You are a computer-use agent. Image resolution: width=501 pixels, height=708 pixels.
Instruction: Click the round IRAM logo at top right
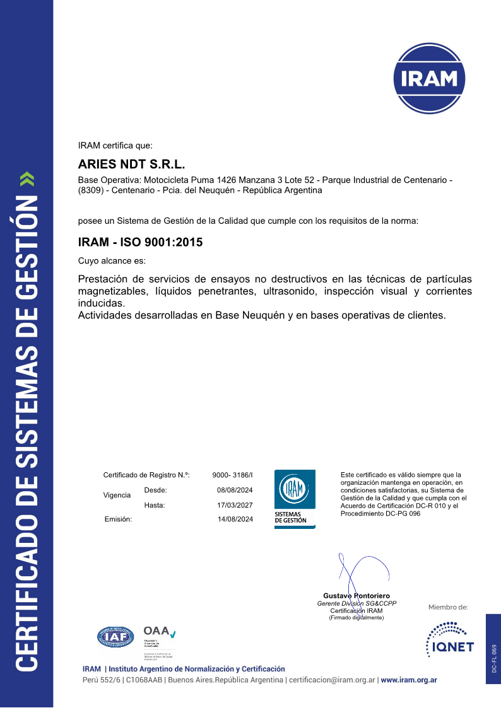[x=429, y=78]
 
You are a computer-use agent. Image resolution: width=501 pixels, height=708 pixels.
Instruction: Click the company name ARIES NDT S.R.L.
[x=131, y=165]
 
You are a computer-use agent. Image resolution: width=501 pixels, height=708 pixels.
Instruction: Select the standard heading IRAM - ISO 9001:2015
[x=140, y=241]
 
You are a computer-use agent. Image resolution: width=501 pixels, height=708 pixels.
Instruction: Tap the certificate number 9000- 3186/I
[x=232, y=475]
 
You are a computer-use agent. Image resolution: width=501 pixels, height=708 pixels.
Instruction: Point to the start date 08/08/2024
[x=235, y=490]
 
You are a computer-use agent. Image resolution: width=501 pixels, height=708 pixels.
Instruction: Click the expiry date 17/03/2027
[x=235, y=505]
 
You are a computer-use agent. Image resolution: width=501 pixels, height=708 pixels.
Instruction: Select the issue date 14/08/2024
[x=235, y=519]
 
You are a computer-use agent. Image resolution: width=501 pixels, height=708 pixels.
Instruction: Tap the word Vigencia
[x=117, y=496]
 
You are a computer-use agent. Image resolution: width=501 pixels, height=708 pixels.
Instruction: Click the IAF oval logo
[x=115, y=637]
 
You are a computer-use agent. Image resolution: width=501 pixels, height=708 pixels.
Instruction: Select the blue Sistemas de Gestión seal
[x=295, y=498]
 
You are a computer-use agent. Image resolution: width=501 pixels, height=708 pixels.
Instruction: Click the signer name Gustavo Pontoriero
[x=357, y=596]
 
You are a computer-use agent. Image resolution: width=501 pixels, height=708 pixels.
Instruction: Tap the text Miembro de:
[x=448, y=607]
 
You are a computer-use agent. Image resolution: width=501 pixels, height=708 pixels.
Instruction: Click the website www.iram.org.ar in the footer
[x=409, y=680]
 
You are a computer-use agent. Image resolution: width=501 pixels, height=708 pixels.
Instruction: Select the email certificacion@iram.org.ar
[x=332, y=680]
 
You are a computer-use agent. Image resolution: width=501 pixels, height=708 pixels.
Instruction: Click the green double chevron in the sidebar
[x=27, y=179]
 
